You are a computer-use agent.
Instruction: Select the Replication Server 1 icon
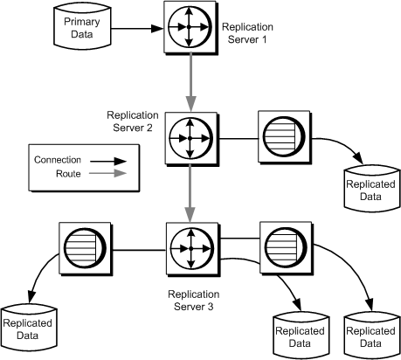[x=190, y=28]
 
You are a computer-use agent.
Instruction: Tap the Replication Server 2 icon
[x=190, y=138]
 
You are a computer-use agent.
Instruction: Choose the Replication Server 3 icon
[x=190, y=248]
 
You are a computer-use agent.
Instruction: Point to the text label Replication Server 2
[x=133, y=121]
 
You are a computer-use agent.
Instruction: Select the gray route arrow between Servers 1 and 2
[x=190, y=83]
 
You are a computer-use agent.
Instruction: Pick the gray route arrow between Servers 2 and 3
[x=190, y=193]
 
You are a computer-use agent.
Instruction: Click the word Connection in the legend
[x=57, y=160]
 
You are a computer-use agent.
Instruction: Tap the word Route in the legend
[x=46, y=174]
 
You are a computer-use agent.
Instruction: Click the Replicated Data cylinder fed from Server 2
[x=362, y=184]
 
